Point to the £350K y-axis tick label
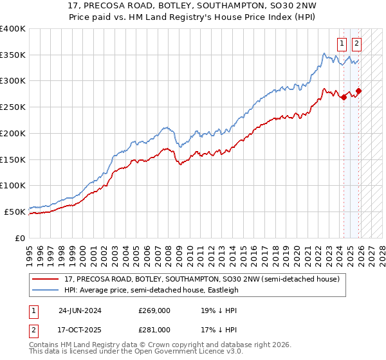(13, 55)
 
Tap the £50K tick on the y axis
(15, 212)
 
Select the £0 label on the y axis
(20, 238)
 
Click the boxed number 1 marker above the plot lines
(341, 44)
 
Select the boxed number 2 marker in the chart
(356, 44)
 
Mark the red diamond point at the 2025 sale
(358, 91)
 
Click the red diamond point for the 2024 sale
(344, 98)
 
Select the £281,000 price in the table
(153, 330)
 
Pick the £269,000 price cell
(153, 310)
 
